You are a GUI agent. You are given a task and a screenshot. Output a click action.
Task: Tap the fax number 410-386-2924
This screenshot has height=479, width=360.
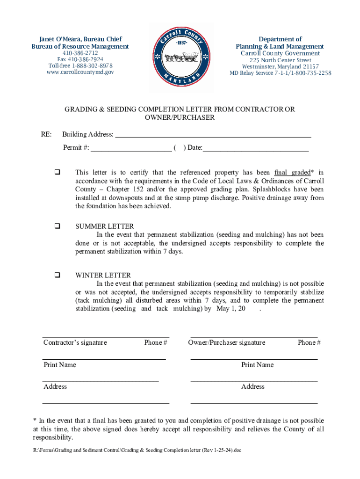pyautogui.click(x=80, y=59)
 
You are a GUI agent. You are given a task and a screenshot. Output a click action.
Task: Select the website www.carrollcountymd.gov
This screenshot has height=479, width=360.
pyautogui.click(x=80, y=72)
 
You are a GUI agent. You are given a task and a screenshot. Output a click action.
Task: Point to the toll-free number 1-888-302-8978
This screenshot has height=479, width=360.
pyautogui.click(x=80, y=66)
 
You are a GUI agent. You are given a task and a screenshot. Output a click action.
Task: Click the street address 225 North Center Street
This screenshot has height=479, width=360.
pyautogui.click(x=280, y=60)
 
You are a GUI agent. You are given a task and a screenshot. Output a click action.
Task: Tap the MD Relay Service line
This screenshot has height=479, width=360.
pyautogui.click(x=280, y=73)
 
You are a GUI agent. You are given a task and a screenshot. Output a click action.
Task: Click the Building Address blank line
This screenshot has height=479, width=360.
pyautogui.click(x=213, y=135)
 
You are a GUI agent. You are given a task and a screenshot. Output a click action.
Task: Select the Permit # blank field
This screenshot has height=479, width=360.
pyautogui.click(x=131, y=148)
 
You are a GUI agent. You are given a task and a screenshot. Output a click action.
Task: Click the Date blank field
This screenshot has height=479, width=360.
pyautogui.click(x=255, y=148)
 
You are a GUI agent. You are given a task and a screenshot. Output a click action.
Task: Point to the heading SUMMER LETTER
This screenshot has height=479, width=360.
pyautogui.click(x=105, y=226)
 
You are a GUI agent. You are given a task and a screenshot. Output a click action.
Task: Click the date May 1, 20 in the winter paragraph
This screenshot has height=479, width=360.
pyautogui.click(x=231, y=309)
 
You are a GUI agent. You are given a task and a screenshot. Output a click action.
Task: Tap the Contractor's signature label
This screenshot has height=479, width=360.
pyautogui.click(x=75, y=342)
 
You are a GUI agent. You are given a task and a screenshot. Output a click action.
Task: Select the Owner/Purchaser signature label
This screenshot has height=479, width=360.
pyautogui.click(x=227, y=342)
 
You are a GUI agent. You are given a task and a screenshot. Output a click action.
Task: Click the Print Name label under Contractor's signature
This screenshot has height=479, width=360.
pyautogui.click(x=60, y=365)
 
